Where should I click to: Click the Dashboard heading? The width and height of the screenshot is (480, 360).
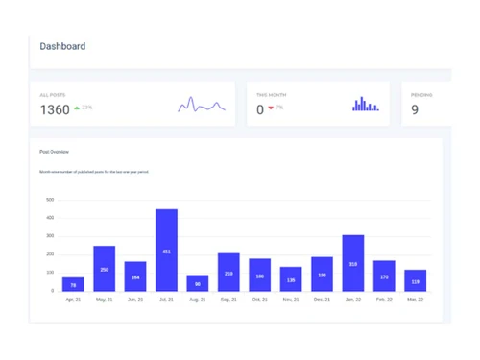coord(62,46)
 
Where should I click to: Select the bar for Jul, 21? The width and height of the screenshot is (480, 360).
coord(166,251)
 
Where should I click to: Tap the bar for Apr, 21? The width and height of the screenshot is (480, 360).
coord(73,284)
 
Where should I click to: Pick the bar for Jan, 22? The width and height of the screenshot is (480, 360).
coord(353,263)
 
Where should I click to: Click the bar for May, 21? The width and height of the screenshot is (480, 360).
coord(105,269)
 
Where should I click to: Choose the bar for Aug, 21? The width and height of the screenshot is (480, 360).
coord(198,283)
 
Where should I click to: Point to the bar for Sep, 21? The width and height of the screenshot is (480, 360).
coord(228,273)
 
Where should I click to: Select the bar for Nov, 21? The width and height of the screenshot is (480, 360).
coord(291,279)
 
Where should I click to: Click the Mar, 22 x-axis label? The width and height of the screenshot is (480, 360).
coord(415,300)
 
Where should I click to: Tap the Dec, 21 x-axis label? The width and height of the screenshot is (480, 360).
coord(322,300)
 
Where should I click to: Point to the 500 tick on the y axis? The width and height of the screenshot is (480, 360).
coord(50,201)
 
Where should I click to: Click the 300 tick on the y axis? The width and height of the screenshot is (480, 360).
coord(50,236)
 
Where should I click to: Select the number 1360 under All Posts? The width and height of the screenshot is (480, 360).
coord(55,109)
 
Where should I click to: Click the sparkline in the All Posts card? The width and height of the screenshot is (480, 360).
coord(202,105)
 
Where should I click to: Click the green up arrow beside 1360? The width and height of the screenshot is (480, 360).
coord(77,108)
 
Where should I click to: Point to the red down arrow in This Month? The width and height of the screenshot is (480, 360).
coord(271,108)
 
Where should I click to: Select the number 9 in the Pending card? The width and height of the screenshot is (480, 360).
coord(415,109)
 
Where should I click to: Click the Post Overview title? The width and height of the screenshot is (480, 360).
coord(54,152)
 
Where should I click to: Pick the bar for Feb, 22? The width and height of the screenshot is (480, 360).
coord(384,276)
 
